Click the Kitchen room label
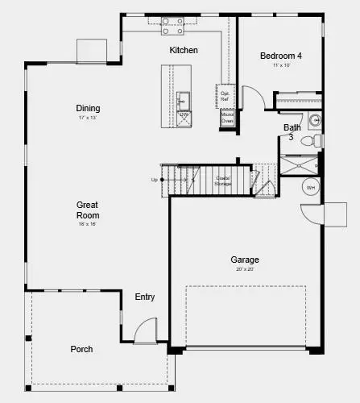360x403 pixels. [x=183, y=50]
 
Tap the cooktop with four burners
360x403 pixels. [x=171, y=23]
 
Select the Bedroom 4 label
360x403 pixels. [x=280, y=56]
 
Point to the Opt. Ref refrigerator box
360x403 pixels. [x=226, y=95]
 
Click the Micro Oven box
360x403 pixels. [x=227, y=117]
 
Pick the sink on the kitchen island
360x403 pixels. [x=183, y=101]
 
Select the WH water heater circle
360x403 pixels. [x=311, y=188]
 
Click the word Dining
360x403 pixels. [x=88, y=108]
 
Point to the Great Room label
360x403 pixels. [x=88, y=210]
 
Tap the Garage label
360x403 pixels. [x=245, y=260]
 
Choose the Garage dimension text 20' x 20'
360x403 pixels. [x=245, y=270]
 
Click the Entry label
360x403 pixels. [x=145, y=297]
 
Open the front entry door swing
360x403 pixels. [x=145, y=330]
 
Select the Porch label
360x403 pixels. [x=81, y=349]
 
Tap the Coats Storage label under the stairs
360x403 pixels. [x=223, y=181]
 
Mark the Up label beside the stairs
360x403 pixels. [x=154, y=180]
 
